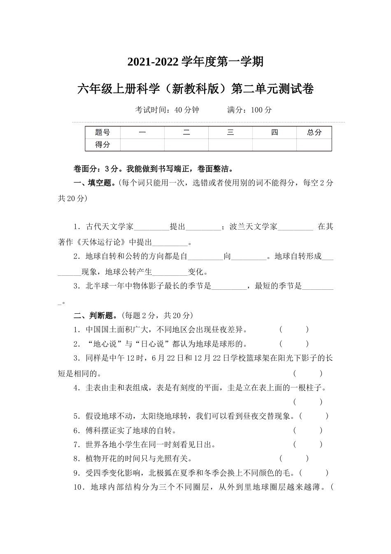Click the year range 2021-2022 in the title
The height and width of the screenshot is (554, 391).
point(153,62)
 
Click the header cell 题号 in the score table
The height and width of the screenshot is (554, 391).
point(102,132)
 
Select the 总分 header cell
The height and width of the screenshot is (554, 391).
point(314,132)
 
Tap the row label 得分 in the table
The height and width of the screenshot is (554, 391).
point(102,145)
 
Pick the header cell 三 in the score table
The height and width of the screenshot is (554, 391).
point(230,132)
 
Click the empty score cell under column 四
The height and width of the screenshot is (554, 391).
point(275,145)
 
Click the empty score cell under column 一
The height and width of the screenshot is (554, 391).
point(142,145)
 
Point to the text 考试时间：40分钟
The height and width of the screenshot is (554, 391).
point(167,110)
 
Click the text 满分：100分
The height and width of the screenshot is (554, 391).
point(249,110)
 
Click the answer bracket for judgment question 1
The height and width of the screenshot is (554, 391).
point(294,330)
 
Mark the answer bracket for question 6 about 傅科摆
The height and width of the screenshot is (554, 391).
point(308,431)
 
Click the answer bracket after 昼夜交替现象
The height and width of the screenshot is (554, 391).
point(314,416)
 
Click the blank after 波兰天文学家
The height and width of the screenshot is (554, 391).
point(296,227)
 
